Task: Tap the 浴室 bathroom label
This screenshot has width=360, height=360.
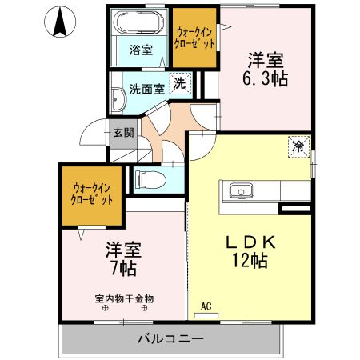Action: click(x=141, y=50)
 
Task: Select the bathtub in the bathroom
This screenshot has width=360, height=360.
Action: click(x=140, y=23)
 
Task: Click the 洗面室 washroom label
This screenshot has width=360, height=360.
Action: click(x=146, y=88)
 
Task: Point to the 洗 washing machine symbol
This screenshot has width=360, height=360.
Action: click(x=181, y=84)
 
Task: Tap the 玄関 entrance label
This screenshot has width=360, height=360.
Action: click(x=122, y=133)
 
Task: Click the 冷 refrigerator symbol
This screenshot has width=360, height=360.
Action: click(x=298, y=146)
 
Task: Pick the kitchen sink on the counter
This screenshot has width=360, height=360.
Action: click(x=240, y=190)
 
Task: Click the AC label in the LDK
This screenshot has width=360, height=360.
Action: click(x=205, y=306)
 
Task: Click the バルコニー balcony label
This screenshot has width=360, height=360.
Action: click(x=170, y=339)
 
